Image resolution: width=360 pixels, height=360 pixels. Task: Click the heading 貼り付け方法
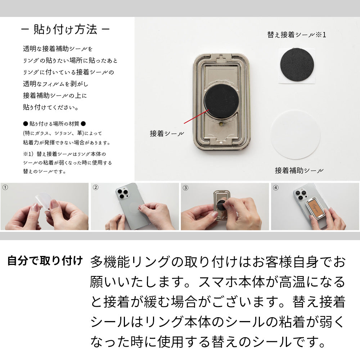click(x=65, y=30)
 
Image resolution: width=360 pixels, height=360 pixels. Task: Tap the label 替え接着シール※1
click(x=296, y=35)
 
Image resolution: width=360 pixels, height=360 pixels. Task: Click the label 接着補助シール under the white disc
click(x=299, y=171)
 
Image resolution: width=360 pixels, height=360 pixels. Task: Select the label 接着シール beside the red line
click(x=167, y=134)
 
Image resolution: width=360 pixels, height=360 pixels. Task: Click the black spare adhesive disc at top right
click(x=297, y=65)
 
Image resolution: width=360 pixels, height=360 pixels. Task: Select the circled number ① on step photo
click(x=5, y=188)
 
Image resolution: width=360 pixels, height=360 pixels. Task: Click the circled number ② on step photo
click(x=95, y=188)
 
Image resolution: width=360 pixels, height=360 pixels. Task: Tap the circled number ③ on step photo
click(x=185, y=188)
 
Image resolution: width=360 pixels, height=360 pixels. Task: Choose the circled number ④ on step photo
click(x=276, y=188)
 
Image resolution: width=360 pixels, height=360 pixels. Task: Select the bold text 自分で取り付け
click(x=45, y=261)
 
